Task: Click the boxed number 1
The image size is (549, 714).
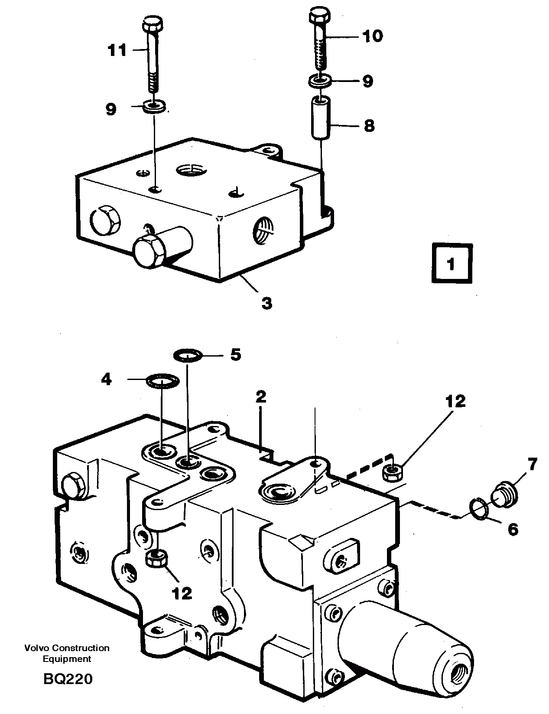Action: click(452, 264)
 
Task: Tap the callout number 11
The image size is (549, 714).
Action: click(117, 50)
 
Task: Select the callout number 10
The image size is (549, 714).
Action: click(372, 36)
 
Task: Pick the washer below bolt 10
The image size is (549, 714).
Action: click(320, 80)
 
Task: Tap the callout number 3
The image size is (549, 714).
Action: click(267, 302)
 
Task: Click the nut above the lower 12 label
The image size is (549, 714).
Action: click(157, 558)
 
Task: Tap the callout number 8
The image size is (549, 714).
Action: click(369, 126)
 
